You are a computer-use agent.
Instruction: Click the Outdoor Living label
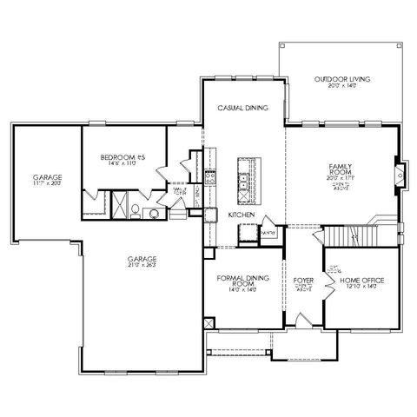point(341,80)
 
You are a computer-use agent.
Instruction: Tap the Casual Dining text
point(242,108)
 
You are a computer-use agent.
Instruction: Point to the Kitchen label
point(241,214)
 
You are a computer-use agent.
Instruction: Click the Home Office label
point(362,280)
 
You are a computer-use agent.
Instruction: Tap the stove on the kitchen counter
point(209,176)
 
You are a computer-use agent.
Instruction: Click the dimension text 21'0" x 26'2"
point(142,266)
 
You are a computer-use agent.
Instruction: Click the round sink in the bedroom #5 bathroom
point(153,212)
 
